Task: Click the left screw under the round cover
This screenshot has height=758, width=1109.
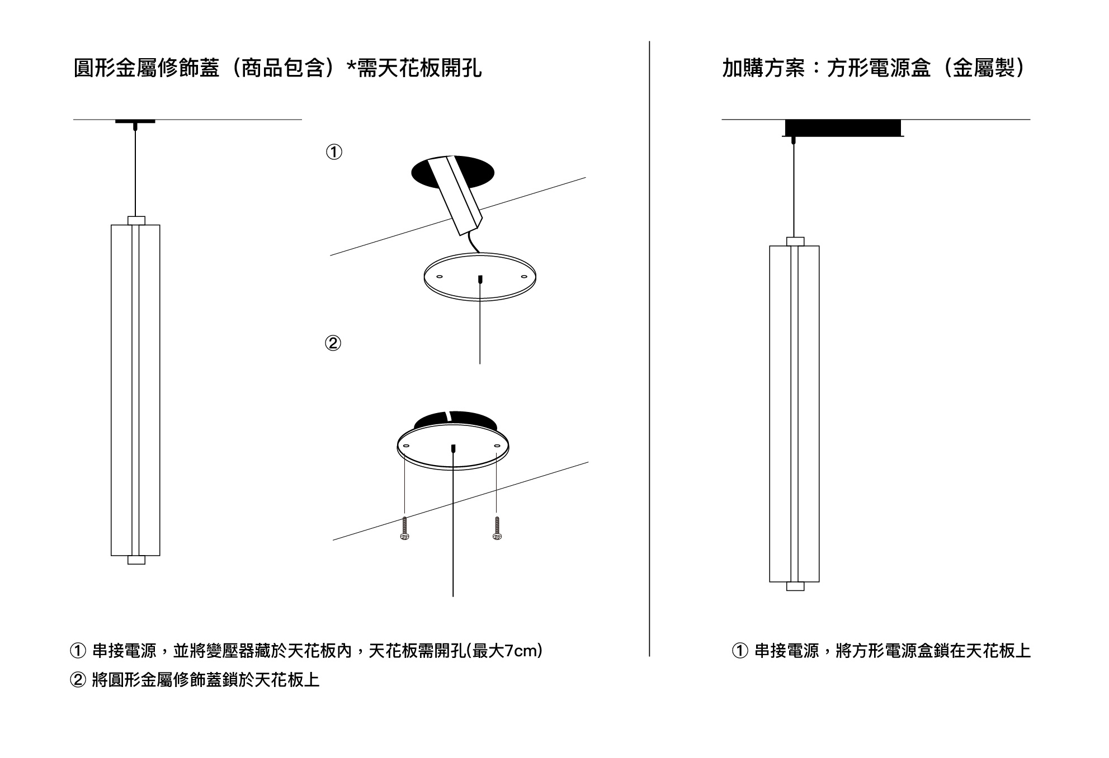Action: [405, 528]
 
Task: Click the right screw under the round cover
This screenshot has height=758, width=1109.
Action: [497, 528]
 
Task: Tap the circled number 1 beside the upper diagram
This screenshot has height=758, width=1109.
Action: [334, 152]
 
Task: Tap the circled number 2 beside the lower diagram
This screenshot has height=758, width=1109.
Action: [333, 343]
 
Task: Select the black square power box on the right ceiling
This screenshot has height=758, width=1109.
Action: [843, 128]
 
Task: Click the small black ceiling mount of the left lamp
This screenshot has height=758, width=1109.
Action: [135, 121]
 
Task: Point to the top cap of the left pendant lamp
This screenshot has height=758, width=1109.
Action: [136, 220]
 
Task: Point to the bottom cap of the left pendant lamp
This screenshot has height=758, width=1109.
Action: [136, 560]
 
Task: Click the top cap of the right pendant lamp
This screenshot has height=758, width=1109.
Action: [795, 241]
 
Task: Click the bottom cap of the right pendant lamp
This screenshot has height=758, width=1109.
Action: [795, 586]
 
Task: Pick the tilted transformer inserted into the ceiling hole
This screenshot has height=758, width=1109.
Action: [456, 193]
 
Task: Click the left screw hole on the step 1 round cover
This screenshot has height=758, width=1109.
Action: [439, 277]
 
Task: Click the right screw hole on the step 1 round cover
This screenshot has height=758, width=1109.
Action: [523, 277]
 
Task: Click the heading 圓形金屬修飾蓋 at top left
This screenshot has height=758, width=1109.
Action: [147, 69]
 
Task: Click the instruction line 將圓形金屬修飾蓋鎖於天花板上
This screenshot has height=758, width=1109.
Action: [205, 680]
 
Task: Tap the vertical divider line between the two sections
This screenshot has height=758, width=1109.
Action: [649, 347]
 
